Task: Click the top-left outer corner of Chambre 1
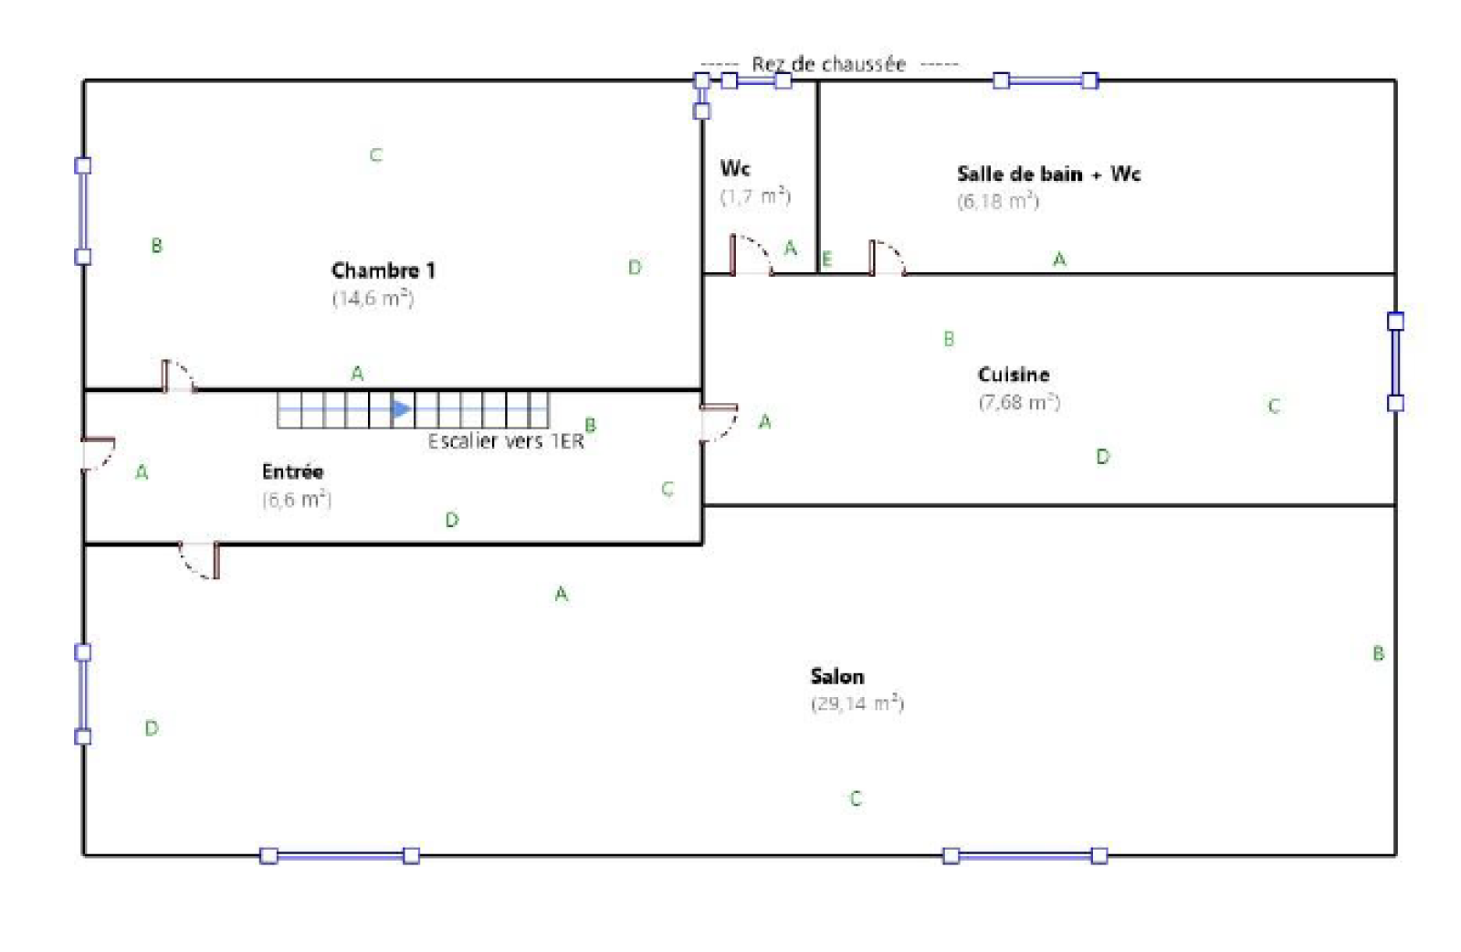pos(84,81)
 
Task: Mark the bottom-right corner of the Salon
pos(1395,855)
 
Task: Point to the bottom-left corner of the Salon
pos(84,855)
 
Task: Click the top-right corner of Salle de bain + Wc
pos(1395,81)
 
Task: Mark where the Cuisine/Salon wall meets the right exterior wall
pos(1395,505)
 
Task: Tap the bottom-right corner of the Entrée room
pos(702,543)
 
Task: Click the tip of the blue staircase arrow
pos(412,409)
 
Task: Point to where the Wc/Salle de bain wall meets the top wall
pos(818,81)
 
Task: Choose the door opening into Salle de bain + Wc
pos(888,258)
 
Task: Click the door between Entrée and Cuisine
pos(719,423)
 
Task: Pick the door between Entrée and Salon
pos(199,560)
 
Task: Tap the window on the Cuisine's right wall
pos(1395,362)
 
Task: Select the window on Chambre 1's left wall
pos(83,211)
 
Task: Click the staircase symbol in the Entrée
pos(413,410)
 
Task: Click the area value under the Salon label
pos(857,703)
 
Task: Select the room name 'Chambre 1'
pos(383,270)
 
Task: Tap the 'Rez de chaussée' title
pos(829,64)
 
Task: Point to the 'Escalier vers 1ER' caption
pos(506,441)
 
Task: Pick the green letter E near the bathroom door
pos(827,259)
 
